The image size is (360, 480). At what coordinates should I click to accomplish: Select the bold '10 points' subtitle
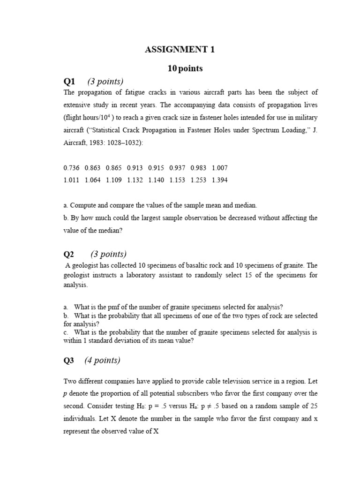(185, 68)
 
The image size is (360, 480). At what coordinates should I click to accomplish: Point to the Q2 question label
(69, 254)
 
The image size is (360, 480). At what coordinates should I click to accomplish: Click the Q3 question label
(69, 360)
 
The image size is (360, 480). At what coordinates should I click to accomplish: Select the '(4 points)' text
(102, 360)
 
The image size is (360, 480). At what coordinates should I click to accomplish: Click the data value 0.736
(71, 167)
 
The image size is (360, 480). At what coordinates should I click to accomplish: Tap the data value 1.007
(219, 167)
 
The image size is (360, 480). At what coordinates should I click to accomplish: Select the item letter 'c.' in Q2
(66, 332)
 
